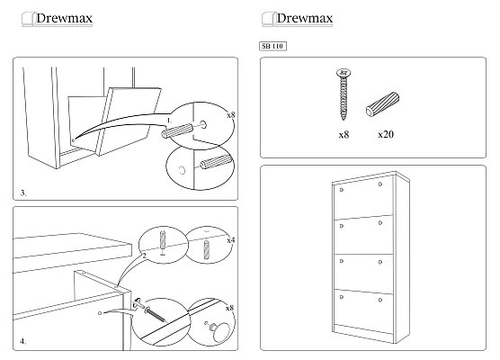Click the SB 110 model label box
(x=272, y=46)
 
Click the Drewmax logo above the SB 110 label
(x=297, y=19)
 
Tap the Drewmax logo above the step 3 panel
(x=57, y=19)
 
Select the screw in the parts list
(x=344, y=94)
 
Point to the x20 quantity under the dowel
(x=386, y=134)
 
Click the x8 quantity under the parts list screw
(x=344, y=135)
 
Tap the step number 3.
(x=23, y=193)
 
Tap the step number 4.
(x=23, y=341)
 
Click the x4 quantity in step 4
(x=230, y=240)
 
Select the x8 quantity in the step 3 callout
(x=230, y=115)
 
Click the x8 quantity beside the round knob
(x=229, y=308)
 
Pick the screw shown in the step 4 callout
(x=155, y=314)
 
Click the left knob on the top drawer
(x=342, y=190)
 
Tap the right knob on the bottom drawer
(x=380, y=300)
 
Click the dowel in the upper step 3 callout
(x=177, y=130)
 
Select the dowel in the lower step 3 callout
(x=216, y=162)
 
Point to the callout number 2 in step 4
(x=144, y=256)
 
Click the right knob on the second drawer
(x=380, y=223)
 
